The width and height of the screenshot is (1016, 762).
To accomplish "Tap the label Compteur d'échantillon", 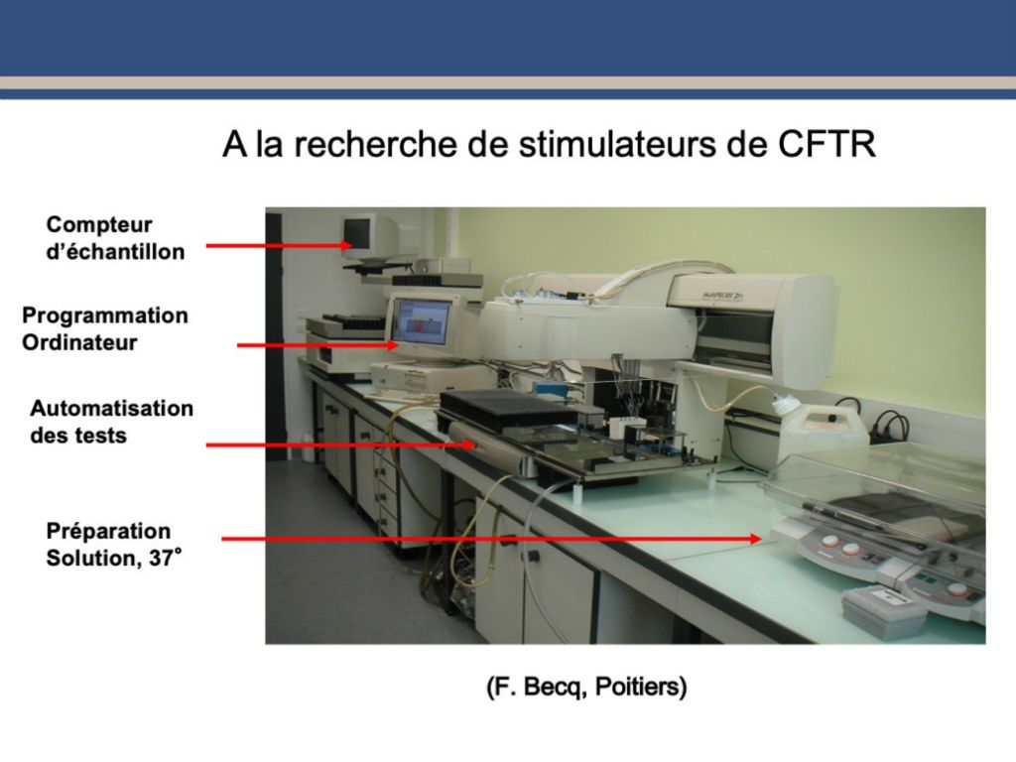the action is (x=115, y=238).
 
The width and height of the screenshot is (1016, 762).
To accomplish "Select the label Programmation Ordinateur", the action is (x=105, y=328).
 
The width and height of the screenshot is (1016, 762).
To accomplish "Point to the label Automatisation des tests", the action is (x=111, y=422).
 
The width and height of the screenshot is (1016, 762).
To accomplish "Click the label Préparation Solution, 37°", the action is (x=113, y=545).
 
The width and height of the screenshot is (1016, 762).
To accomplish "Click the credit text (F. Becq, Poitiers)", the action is (x=586, y=687).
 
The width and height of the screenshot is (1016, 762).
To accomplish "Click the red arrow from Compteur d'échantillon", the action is (x=279, y=246).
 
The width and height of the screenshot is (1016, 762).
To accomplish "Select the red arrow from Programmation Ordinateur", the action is (x=317, y=345).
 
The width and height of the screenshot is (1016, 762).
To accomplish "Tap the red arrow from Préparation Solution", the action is (x=491, y=539).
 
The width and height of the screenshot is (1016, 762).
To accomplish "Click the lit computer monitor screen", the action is (x=422, y=322).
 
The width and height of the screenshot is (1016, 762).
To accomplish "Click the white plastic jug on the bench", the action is (x=823, y=429).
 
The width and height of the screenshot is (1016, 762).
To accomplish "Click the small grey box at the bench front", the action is (x=883, y=609).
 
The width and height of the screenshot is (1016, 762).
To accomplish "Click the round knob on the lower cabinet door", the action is (x=533, y=556).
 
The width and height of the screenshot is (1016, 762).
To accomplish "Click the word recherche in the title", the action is (x=376, y=144).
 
